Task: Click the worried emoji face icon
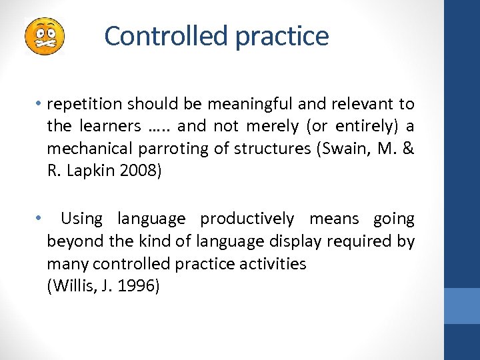[44, 36]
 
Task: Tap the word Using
[81, 219]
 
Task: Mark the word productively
[247, 219]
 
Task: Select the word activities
[267, 264]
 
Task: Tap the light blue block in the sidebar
[462, 306]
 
